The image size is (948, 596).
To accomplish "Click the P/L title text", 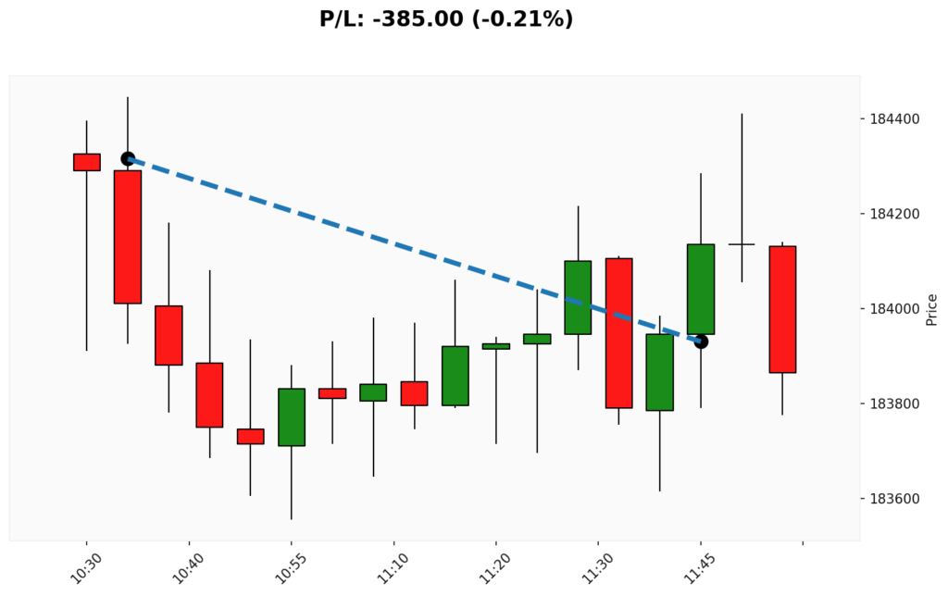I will pyautogui.click(x=446, y=19).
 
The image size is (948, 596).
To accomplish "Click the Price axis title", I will pyautogui.click(x=931, y=309).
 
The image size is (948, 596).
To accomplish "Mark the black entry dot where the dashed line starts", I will pyautogui.click(x=128, y=159).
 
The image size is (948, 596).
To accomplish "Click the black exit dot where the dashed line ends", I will pyautogui.click(x=701, y=341).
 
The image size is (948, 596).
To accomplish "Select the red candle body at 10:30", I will pyautogui.click(x=87, y=162).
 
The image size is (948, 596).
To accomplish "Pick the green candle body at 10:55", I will pyautogui.click(x=292, y=417).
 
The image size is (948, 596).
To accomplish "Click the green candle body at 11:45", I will pyautogui.click(x=701, y=289).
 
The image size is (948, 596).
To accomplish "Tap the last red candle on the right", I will pyautogui.click(x=782, y=309).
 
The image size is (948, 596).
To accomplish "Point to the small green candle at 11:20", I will pyautogui.click(x=496, y=346).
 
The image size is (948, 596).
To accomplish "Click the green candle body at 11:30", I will pyautogui.click(x=578, y=297).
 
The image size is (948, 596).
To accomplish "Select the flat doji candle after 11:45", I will pyautogui.click(x=742, y=244).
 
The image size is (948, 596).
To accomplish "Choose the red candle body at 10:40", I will pyautogui.click(x=168, y=335).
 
